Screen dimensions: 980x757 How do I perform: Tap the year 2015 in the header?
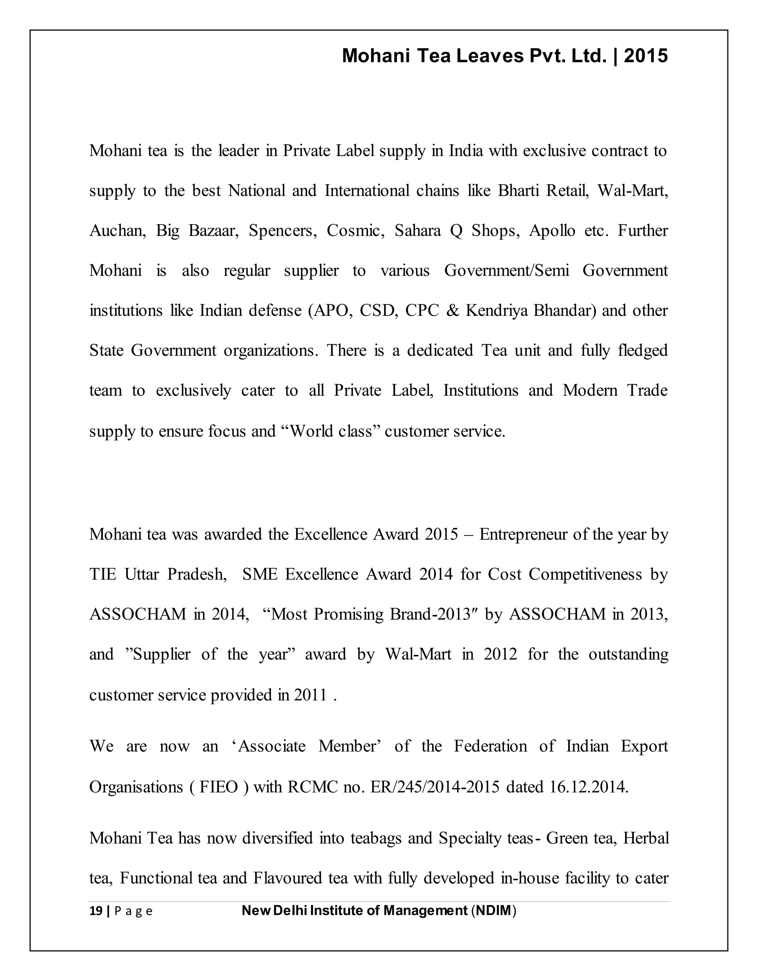tap(646, 56)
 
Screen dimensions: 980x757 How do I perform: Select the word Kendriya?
tap(496, 311)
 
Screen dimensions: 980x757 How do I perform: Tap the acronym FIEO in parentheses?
tap(218, 787)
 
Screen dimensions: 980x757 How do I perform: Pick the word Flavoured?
tap(288, 878)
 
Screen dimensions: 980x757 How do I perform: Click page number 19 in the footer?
tap(95, 911)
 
